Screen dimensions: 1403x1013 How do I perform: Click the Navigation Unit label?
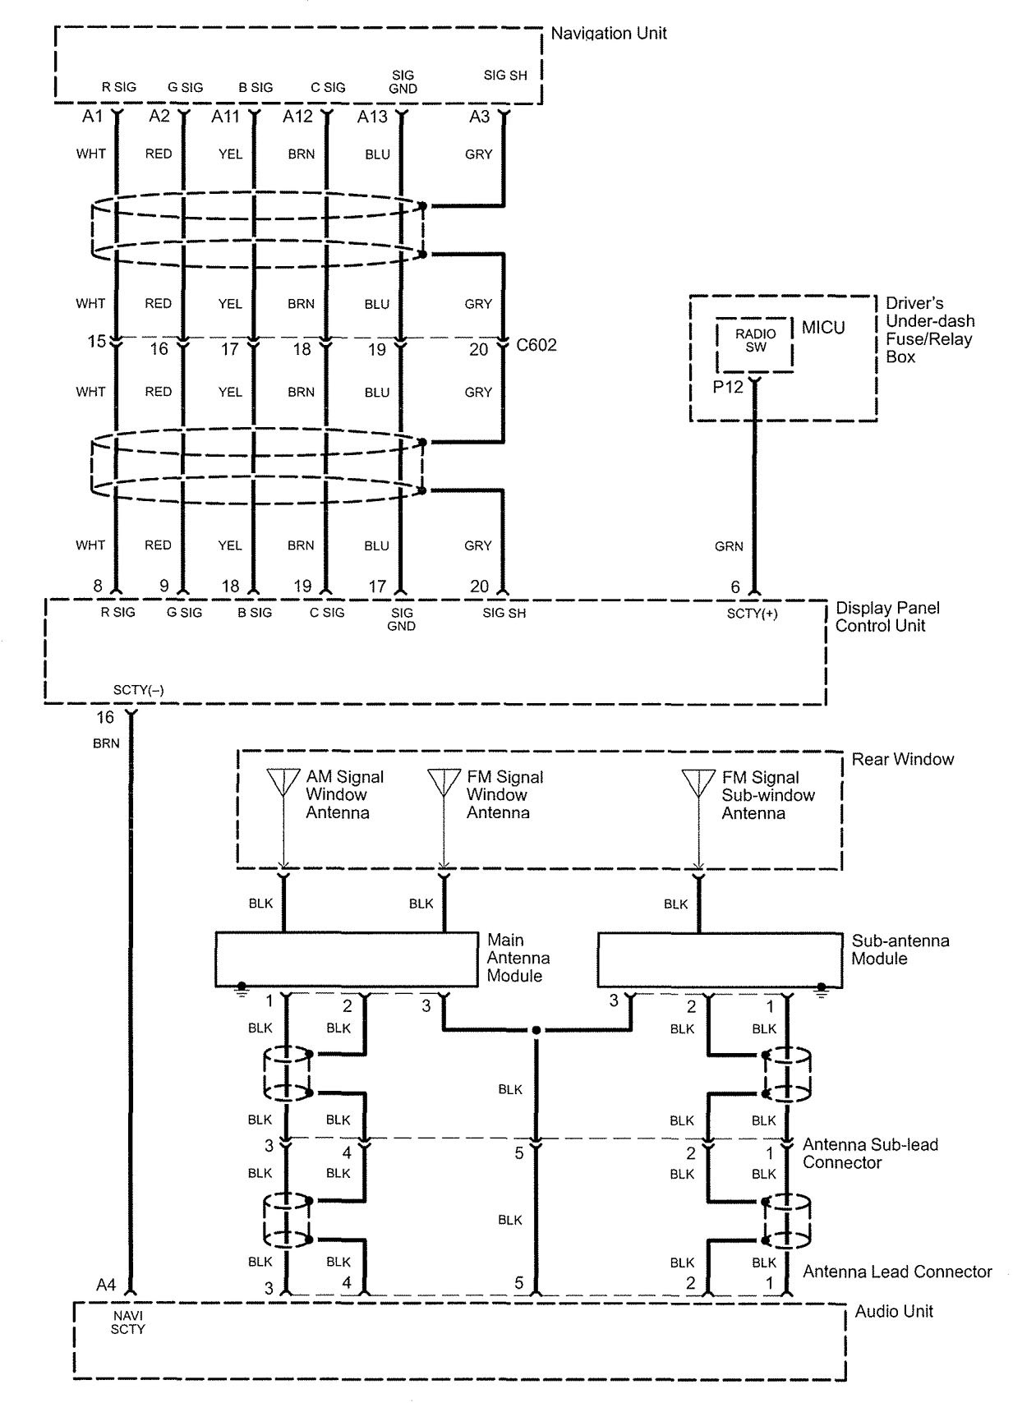pyautogui.click(x=608, y=34)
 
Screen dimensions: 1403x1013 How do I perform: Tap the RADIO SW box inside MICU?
pyautogui.click(x=755, y=341)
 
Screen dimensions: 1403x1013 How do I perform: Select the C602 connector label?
pyautogui.click(x=536, y=345)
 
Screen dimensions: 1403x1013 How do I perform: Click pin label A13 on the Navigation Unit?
pyautogui.click(x=372, y=117)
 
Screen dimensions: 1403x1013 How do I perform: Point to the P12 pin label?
pyautogui.click(x=727, y=387)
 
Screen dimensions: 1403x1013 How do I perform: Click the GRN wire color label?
pyautogui.click(x=729, y=546)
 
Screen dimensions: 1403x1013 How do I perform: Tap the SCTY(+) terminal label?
pyautogui.click(x=752, y=614)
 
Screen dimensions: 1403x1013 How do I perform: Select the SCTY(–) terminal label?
pyautogui.click(x=138, y=690)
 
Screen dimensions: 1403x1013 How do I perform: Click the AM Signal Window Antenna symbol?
pyautogui.click(x=283, y=783)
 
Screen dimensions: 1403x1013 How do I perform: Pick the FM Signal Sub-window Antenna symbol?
pyautogui.click(x=698, y=783)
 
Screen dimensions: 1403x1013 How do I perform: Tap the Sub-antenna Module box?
pyautogui.click(x=719, y=959)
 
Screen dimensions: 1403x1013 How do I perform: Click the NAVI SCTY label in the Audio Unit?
pyautogui.click(x=127, y=1322)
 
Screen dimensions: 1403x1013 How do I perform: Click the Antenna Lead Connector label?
pyautogui.click(x=897, y=1272)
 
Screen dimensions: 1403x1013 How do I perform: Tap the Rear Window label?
pyautogui.click(x=902, y=759)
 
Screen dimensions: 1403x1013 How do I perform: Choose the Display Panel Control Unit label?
pyautogui.click(x=887, y=616)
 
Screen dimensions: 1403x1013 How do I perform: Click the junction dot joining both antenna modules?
pyautogui.click(x=536, y=1029)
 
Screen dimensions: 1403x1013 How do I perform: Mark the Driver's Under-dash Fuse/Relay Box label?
pyautogui.click(x=929, y=330)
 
